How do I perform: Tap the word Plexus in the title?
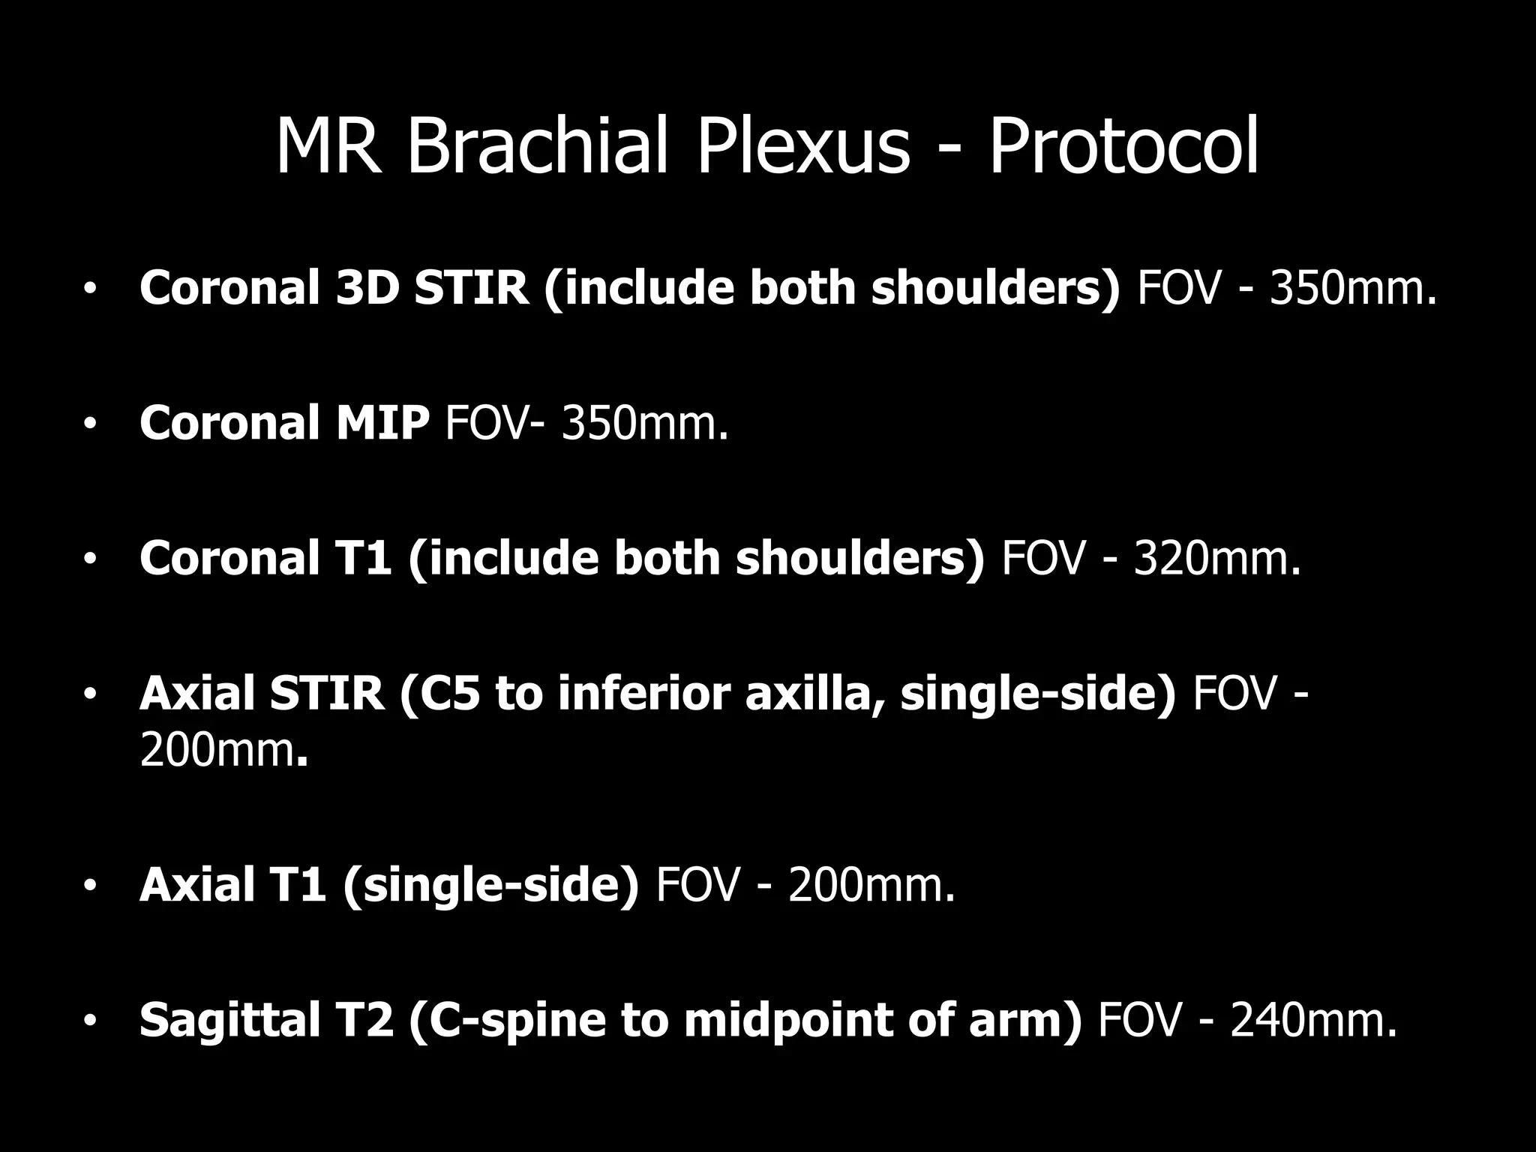tap(803, 147)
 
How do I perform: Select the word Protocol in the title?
tap(1123, 147)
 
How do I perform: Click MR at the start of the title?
tap(326, 147)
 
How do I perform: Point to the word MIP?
tap(382, 423)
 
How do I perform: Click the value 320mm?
tap(1216, 559)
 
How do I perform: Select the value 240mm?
tap(1313, 1021)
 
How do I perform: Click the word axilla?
tap(812, 694)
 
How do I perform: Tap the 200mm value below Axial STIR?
tap(223, 750)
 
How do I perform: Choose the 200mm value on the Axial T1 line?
tap(871, 886)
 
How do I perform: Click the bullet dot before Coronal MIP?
tap(91, 424)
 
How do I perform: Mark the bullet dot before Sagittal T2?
tap(91, 1022)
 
